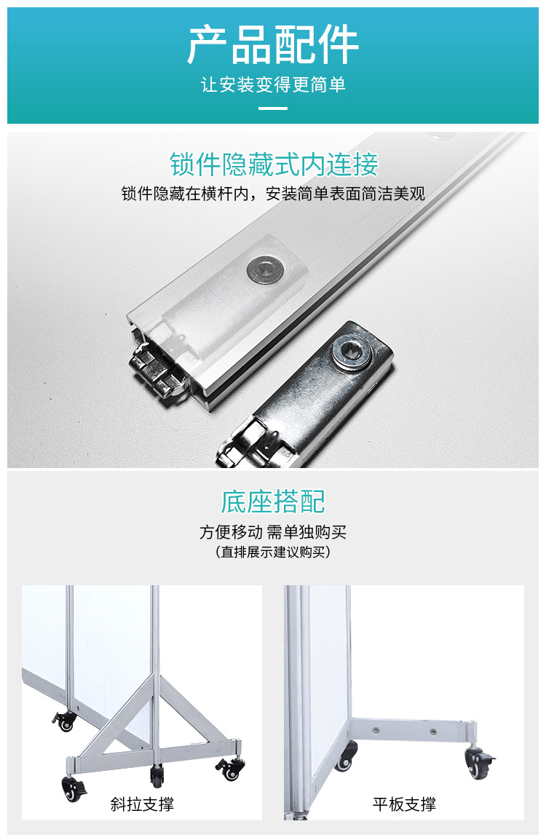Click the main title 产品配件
tap(273, 45)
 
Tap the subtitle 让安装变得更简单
tap(273, 85)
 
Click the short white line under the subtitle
tap(273, 108)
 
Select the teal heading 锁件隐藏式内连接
tap(274, 165)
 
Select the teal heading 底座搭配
tap(273, 502)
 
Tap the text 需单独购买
tap(306, 532)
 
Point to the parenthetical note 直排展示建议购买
tap(273, 552)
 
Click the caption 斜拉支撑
tap(142, 804)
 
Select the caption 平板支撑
tap(404, 804)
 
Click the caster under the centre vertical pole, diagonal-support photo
tap(157, 774)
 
